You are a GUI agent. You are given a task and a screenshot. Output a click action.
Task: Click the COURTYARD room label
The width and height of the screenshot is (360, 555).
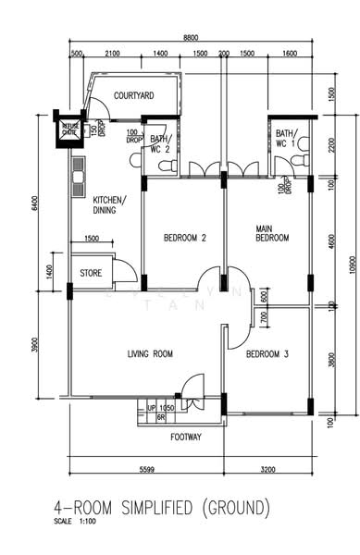click(133, 95)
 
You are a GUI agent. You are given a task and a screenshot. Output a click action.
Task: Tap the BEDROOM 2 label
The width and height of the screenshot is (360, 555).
click(184, 238)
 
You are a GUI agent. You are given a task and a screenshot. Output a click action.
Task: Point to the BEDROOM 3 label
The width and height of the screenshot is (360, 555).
click(267, 353)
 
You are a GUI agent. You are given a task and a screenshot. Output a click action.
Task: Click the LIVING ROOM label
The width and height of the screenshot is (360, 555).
click(150, 353)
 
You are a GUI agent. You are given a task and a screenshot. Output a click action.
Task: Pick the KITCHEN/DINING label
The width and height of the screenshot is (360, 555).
click(109, 204)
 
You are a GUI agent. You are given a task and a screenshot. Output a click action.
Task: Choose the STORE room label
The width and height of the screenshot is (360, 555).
click(91, 273)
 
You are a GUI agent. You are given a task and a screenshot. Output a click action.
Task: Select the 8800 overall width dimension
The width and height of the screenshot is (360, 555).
click(191, 37)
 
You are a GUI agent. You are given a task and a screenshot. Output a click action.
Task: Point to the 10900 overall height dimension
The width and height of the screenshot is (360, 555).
click(352, 265)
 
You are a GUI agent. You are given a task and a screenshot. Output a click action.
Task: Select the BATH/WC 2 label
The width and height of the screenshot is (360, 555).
click(161, 143)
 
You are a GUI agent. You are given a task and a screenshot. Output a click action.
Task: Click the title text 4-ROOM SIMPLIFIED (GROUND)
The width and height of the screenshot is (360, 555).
click(163, 507)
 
